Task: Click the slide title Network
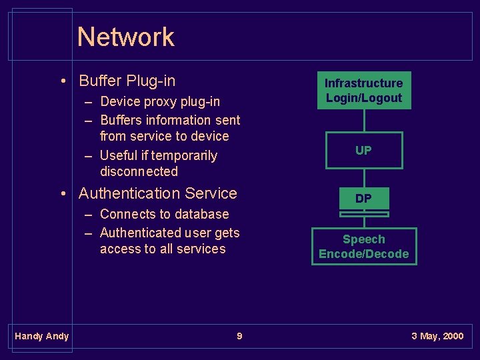pyautogui.click(x=125, y=37)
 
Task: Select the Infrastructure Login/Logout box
pyautogui.click(x=363, y=91)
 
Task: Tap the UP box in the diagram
pyautogui.click(x=363, y=151)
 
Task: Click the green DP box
pyautogui.click(x=363, y=199)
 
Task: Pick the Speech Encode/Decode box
pyautogui.click(x=363, y=247)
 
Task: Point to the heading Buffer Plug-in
pyautogui.click(x=127, y=81)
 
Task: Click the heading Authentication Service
pyautogui.click(x=157, y=193)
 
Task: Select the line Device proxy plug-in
pyautogui.click(x=159, y=102)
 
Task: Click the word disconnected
pyautogui.click(x=139, y=171)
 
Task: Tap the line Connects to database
pyautogui.click(x=164, y=214)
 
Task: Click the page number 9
pyautogui.click(x=239, y=336)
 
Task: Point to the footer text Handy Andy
pyautogui.click(x=41, y=336)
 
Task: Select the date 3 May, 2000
pyautogui.click(x=437, y=336)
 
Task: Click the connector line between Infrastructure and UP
pyautogui.click(x=364, y=121)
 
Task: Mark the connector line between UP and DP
pyautogui.click(x=364, y=178)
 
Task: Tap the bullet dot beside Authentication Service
pyautogui.click(x=62, y=194)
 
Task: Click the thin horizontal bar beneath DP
pyautogui.click(x=364, y=215)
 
